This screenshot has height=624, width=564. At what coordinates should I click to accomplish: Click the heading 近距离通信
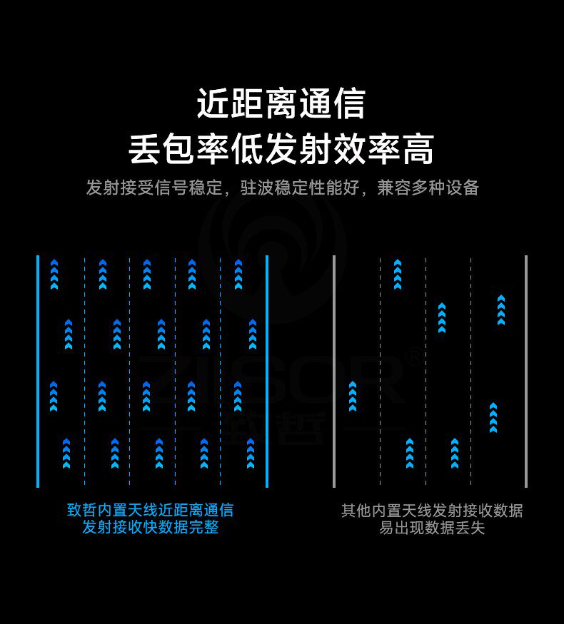pyautogui.click(x=281, y=103)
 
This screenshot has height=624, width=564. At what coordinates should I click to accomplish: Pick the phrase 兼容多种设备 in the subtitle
pyautogui.click(x=428, y=188)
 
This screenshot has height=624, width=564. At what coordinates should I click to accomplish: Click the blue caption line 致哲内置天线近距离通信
pyautogui.click(x=150, y=510)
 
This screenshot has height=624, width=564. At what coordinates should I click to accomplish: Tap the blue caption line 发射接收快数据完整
pyautogui.click(x=150, y=528)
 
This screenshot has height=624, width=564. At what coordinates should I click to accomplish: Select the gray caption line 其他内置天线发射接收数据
pyautogui.click(x=431, y=510)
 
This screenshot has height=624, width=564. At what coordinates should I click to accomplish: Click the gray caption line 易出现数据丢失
pyautogui.click(x=431, y=528)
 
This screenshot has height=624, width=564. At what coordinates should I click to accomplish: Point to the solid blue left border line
pyautogui.click(x=38, y=371)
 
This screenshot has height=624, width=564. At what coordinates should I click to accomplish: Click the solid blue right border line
pyautogui.click(x=267, y=371)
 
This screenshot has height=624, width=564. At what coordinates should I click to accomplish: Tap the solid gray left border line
pyautogui.click(x=334, y=371)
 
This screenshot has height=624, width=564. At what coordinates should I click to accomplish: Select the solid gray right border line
pyautogui.click(x=526, y=371)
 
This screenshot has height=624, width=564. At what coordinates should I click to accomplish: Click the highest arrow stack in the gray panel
pyautogui.click(x=398, y=275)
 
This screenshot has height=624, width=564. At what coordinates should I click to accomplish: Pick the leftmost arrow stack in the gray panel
pyautogui.click(x=352, y=397)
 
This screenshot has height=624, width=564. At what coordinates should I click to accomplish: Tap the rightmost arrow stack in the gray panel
pyautogui.click(x=501, y=310)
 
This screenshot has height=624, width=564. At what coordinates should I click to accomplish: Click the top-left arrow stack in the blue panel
pyautogui.click(x=54, y=275)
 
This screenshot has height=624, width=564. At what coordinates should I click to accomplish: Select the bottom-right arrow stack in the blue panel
pyautogui.click(x=251, y=454)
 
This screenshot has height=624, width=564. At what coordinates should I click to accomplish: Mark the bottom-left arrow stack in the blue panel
pyautogui.click(x=66, y=454)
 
